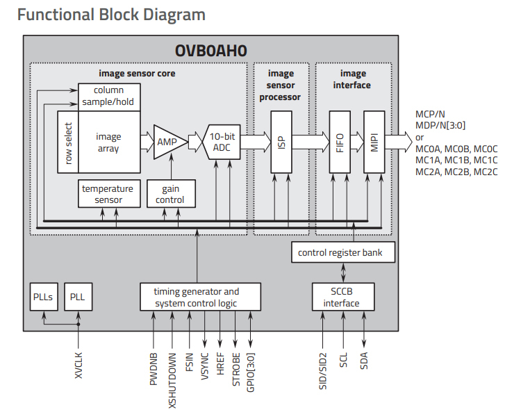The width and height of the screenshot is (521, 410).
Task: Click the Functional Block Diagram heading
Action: pos(111,14)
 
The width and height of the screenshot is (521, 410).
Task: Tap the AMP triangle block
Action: pos(167,141)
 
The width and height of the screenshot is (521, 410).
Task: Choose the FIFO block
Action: pos(340,142)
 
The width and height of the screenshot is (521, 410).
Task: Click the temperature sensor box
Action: pos(108,195)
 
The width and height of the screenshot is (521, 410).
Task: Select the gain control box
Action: pos(171,195)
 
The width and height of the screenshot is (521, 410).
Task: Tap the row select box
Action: pos(68,142)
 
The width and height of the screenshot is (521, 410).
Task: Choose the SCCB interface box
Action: pos(341,297)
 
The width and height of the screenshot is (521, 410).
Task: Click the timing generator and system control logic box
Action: pos(197,297)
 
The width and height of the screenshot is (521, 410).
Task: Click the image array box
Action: pos(108,142)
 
